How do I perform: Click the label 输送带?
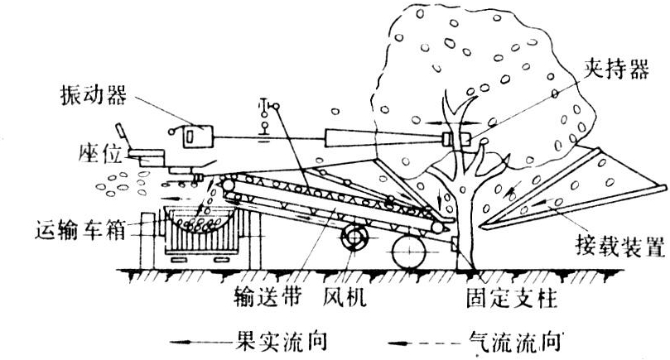(261, 293)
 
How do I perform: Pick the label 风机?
(335, 293)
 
